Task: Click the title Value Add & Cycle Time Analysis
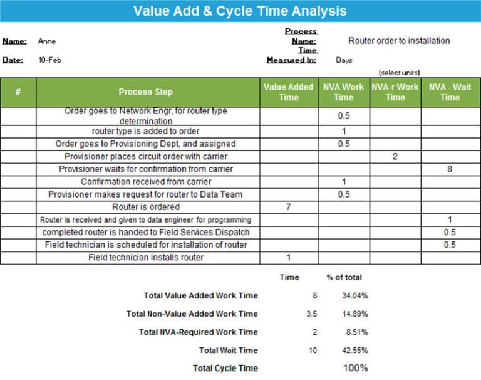coord(240,11)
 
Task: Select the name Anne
coord(47,41)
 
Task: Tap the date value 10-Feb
coord(50,60)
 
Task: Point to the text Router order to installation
coord(399,41)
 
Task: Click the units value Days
coord(344,60)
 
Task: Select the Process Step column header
coord(145,92)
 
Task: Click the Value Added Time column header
coord(288,92)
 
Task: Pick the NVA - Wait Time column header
coord(450,92)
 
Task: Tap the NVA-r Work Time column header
coord(395,92)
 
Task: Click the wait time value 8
coord(450,169)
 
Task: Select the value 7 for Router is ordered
coord(288,207)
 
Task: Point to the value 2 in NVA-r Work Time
coord(395,157)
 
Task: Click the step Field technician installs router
coord(146,257)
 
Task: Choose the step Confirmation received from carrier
coord(146,182)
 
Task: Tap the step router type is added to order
coord(146,131)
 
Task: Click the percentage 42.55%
coord(355,350)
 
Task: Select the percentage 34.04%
coord(355,295)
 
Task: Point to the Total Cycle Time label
coord(225,368)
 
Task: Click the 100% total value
coord(355,368)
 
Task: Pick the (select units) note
coord(399,73)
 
